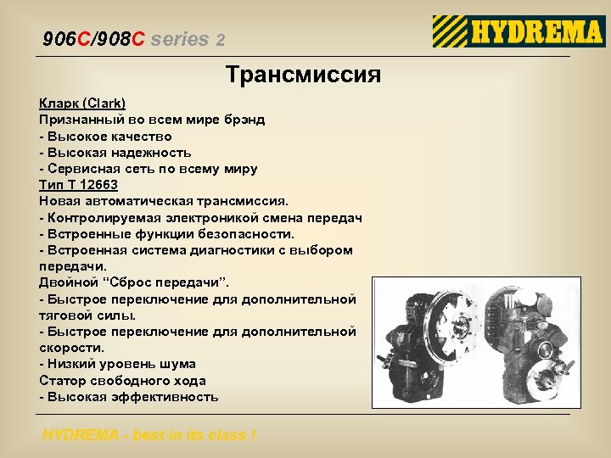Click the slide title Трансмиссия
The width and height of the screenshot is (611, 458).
click(x=303, y=75)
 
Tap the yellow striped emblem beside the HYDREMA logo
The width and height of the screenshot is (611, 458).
click(x=449, y=32)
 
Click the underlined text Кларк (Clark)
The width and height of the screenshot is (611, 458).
click(x=82, y=103)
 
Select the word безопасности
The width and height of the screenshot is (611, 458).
click(x=248, y=234)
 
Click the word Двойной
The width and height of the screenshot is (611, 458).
click(x=70, y=282)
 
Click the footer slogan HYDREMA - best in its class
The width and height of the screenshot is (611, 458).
click(x=149, y=435)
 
